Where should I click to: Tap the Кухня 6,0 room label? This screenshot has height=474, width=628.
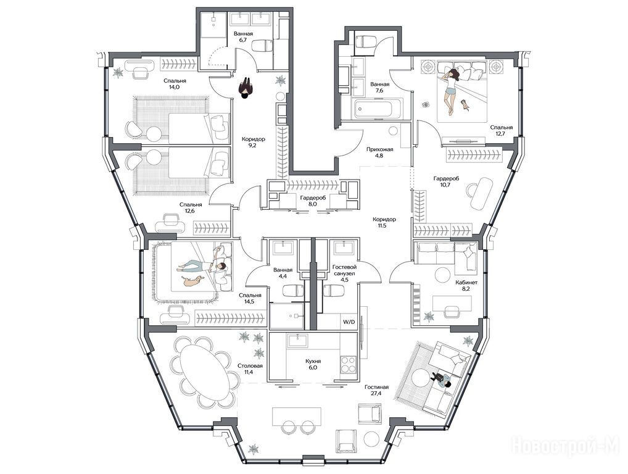coord(312,364)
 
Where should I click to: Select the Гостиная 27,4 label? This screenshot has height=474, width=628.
coord(376,390)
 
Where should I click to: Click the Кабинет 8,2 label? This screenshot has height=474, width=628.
coord(466,285)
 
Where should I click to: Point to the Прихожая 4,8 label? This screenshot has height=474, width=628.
coord(379,152)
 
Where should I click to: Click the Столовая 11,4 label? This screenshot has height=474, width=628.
coord(250,369)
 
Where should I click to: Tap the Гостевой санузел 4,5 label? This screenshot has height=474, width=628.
coord(345,273)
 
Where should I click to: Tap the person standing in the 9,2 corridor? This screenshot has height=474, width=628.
coord(245,88)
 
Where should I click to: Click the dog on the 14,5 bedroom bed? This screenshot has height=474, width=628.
coord(194,281)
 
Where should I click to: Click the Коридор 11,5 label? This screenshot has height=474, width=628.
coord(384,222)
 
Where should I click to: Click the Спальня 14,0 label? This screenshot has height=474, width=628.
coord(175,83)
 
